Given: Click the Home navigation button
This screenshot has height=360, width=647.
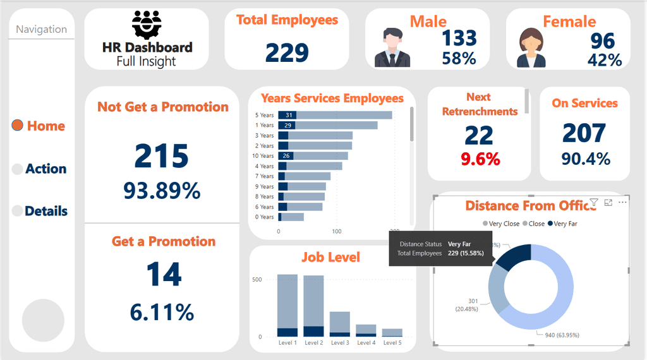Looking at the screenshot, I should pyautogui.click(x=39, y=126).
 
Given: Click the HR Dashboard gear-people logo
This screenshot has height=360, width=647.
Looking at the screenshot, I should pyautogui.click(x=147, y=25).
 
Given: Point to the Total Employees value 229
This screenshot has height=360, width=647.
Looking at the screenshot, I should pyautogui.click(x=287, y=52).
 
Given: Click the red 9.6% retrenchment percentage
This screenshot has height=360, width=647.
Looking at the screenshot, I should pyautogui.click(x=480, y=159).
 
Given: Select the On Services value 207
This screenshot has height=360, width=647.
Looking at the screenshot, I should pyautogui.click(x=584, y=133).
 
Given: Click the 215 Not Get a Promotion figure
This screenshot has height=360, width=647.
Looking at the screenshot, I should pyautogui.click(x=162, y=155).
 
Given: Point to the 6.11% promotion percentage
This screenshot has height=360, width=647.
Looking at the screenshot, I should pyautogui.click(x=162, y=312).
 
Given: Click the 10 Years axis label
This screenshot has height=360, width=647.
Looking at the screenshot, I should pyautogui.click(x=263, y=156).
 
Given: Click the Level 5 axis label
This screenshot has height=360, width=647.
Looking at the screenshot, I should pyautogui.click(x=392, y=343).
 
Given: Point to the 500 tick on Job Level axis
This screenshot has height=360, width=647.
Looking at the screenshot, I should pyautogui.click(x=257, y=279).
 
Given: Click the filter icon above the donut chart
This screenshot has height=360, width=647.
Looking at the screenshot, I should pyautogui.click(x=594, y=203).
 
